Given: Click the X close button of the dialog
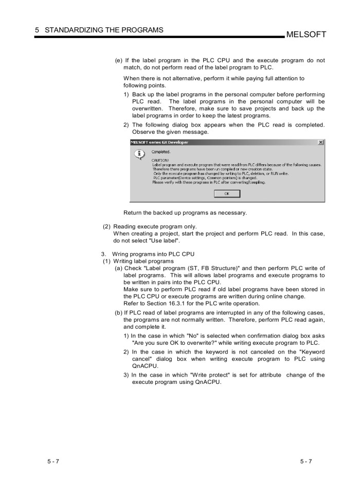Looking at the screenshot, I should click(321, 142).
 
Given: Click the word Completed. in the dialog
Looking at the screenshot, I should click(161, 152).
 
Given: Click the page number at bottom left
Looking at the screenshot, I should click(53, 461).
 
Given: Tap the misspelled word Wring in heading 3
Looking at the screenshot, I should click(121, 254).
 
